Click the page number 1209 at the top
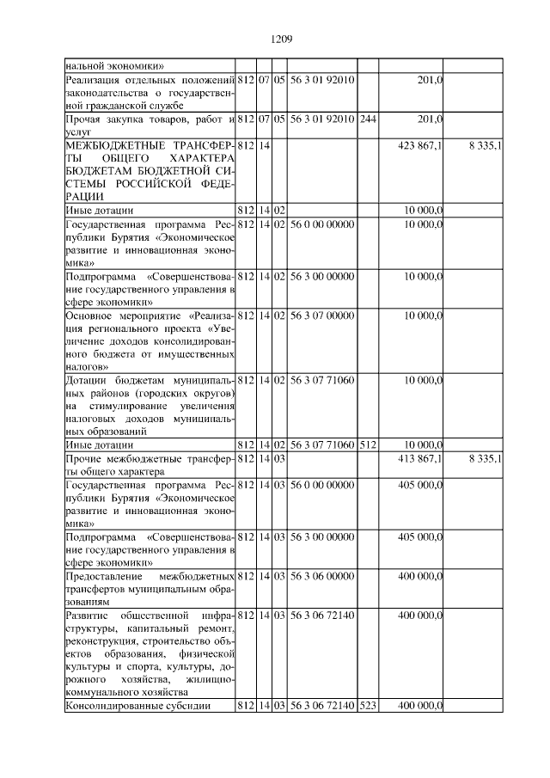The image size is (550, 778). pos(282,39)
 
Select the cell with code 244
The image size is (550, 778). pos(367,118)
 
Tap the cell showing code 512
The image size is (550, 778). pos(367,444)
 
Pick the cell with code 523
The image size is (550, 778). pos(367,705)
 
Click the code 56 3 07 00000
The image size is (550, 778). pos(321,315)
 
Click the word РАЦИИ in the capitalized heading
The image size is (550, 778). pos(85,196)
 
